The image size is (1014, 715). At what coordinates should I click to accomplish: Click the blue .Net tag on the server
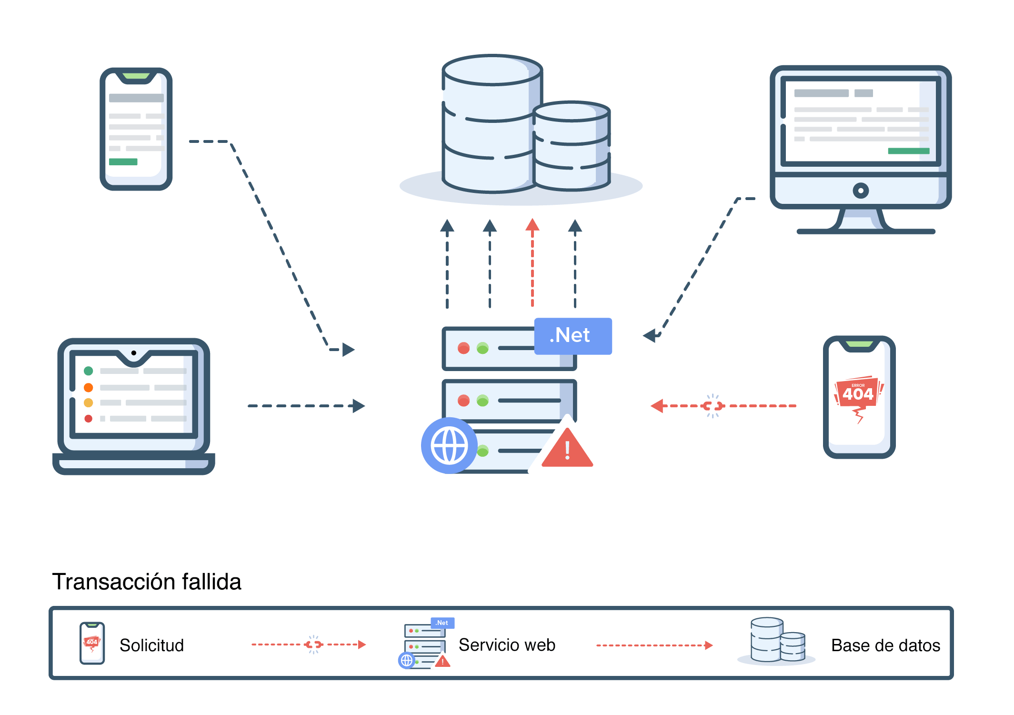(x=572, y=336)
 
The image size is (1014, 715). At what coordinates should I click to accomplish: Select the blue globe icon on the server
(x=449, y=445)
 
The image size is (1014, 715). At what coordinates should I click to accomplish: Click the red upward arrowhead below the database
(x=532, y=225)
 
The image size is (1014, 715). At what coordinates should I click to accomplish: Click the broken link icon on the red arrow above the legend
(x=713, y=406)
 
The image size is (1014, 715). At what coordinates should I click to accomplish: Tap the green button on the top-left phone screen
(x=123, y=162)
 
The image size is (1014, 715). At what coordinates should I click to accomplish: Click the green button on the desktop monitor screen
(x=908, y=151)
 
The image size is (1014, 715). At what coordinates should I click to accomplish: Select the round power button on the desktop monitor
(x=860, y=191)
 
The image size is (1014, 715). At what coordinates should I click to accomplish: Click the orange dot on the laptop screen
(x=88, y=387)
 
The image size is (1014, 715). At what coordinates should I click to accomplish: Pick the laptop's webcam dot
(x=134, y=353)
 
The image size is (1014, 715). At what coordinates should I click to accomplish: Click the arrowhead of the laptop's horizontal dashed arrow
(x=359, y=406)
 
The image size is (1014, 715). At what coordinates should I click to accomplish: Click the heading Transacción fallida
(x=146, y=582)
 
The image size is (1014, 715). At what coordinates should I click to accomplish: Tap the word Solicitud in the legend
(x=151, y=645)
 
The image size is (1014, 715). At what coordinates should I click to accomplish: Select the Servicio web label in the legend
(x=507, y=645)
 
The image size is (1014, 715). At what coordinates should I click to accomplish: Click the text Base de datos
(x=885, y=645)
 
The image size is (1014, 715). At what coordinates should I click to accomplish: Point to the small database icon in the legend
(x=777, y=641)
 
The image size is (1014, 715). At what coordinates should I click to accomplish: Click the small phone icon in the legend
(x=92, y=643)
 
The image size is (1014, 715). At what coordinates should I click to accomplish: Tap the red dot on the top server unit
(x=463, y=348)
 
